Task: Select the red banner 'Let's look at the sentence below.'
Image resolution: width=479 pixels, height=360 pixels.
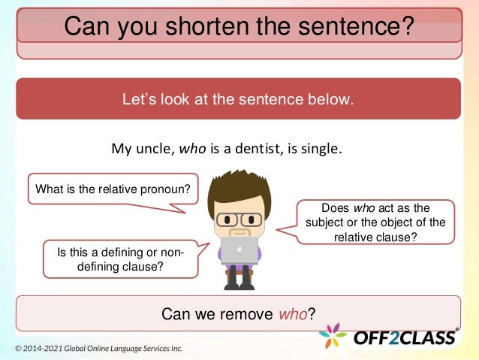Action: tap(238, 98)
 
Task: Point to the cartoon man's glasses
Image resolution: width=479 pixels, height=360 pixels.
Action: tap(239, 219)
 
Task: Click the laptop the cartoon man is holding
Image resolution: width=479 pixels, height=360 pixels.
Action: tap(239, 250)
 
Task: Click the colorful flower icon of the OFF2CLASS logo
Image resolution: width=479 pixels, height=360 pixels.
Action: tap(333, 336)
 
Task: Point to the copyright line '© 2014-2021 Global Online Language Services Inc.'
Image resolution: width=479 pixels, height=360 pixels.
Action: tap(98, 349)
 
